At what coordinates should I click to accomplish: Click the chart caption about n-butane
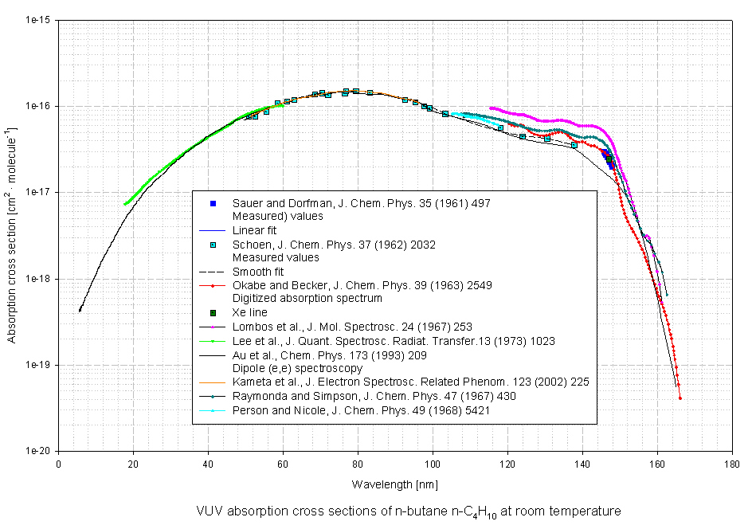pos(408,511)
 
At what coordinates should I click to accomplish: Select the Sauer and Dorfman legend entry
pos(361,204)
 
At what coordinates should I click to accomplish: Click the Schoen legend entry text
pos(334,245)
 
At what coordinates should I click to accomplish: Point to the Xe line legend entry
pos(249,313)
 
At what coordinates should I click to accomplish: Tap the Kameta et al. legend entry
pos(410,382)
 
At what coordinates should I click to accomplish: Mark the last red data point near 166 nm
pos(680,398)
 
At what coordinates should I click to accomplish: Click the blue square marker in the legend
pos(213,204)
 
